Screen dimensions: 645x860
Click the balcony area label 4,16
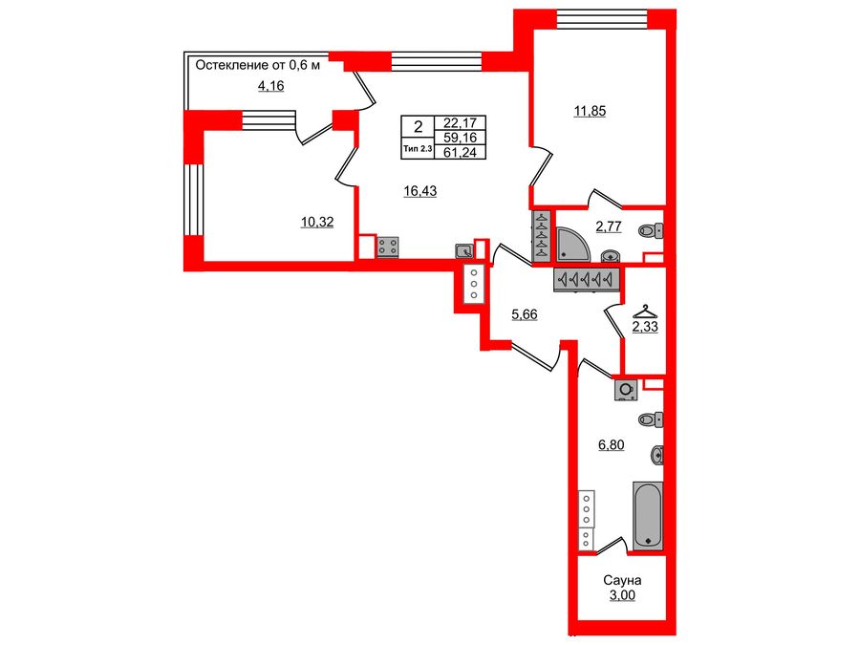270,86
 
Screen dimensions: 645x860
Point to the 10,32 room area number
315,222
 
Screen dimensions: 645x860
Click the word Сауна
621,580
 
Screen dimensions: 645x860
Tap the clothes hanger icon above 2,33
645,311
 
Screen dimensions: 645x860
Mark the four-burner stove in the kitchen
389,247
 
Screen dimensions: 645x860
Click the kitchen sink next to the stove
463,251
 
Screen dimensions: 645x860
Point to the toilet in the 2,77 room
653,229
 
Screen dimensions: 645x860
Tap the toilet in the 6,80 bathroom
653,419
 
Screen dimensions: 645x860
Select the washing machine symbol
626,390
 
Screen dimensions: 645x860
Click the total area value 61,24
460,152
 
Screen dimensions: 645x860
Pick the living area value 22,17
460,122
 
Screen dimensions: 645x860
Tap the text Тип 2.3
417,148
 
